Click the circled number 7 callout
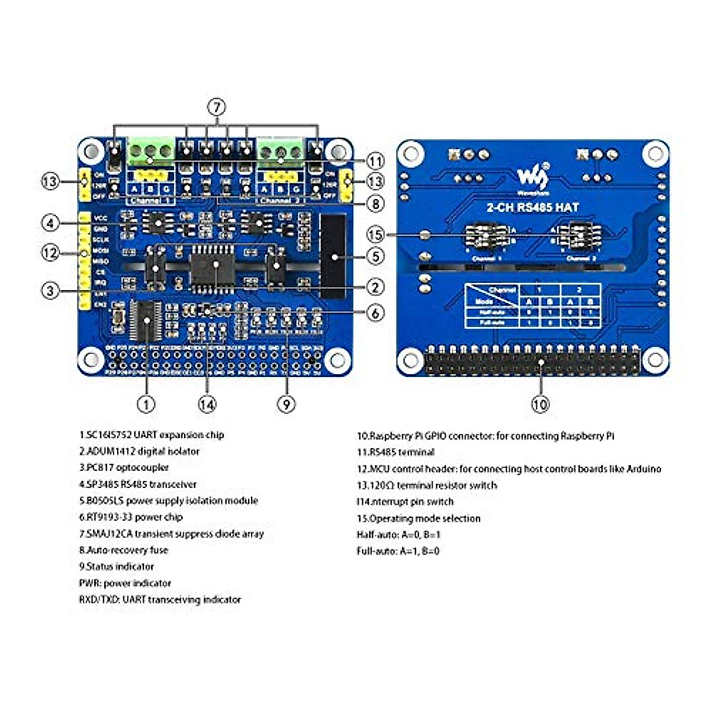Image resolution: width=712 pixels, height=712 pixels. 217,107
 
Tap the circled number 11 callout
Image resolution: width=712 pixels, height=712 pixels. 375,161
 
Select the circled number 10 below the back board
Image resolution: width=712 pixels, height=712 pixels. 540,404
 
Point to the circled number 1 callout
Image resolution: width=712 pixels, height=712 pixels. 146,404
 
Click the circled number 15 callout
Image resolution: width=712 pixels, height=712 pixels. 375,235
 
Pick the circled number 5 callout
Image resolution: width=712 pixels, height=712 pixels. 375,257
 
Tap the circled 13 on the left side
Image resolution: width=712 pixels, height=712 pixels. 50,181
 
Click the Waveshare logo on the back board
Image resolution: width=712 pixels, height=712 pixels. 532,176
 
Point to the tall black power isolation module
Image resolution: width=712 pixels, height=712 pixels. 332,256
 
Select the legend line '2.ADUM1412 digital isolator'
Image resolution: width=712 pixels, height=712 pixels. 139,451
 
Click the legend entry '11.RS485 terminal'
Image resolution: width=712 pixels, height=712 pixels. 396,452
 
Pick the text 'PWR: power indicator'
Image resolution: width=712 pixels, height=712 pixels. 125,583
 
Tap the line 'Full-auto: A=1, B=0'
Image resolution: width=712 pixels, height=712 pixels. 398,551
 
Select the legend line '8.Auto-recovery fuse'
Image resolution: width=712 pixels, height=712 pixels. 123,550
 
